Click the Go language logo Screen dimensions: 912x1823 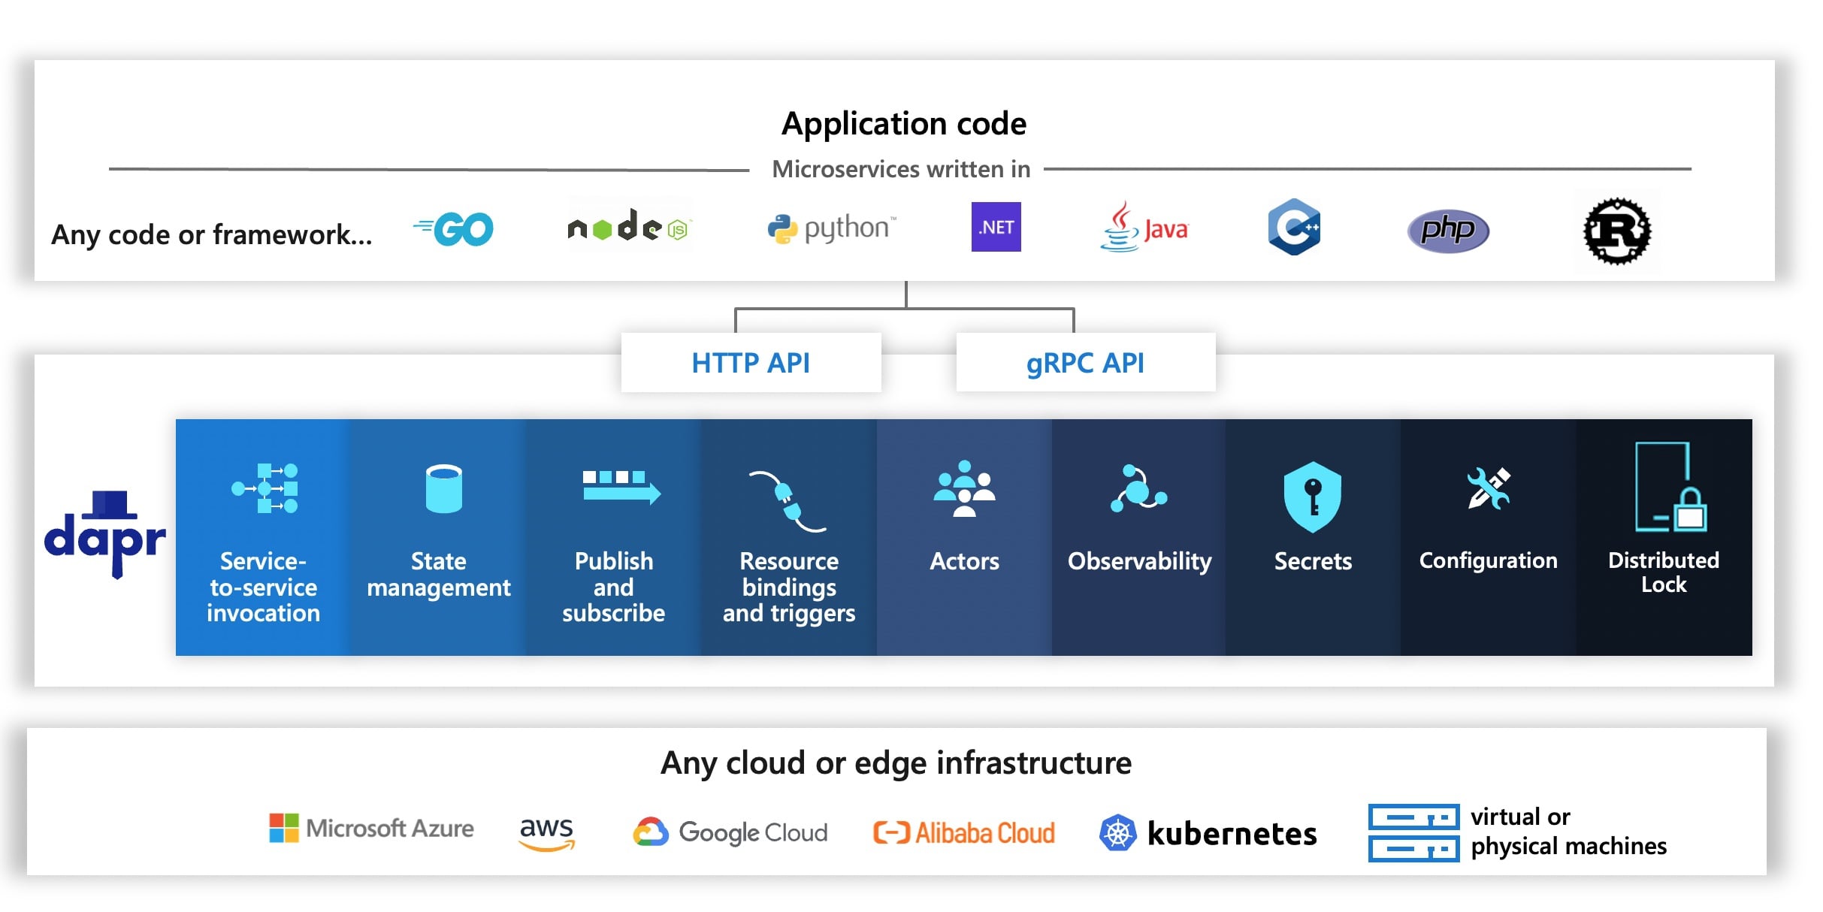[455, 229]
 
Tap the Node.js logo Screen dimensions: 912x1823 [628, 226]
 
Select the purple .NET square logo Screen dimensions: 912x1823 [996, 227]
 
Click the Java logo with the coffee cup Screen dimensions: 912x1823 [1143, 228]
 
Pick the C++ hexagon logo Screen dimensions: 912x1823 [1294, 227]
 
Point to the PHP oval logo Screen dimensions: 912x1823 [1448, 231]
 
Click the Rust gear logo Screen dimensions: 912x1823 [1617, 231]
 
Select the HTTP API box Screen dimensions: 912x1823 [751, 363]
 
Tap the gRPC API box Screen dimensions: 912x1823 [1085, 363]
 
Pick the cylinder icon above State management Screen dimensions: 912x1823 [443, 488]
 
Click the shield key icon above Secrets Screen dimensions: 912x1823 [1312, 497]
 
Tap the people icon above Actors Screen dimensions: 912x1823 [964, 489]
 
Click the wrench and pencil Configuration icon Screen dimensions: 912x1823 [1488, 488]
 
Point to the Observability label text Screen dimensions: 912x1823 [1139, 561]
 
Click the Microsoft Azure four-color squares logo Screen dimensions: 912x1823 [284, 828]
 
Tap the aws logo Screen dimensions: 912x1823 [546, 832]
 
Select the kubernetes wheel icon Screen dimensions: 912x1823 [1117, 833]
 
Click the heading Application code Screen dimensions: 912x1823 [903, 123]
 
